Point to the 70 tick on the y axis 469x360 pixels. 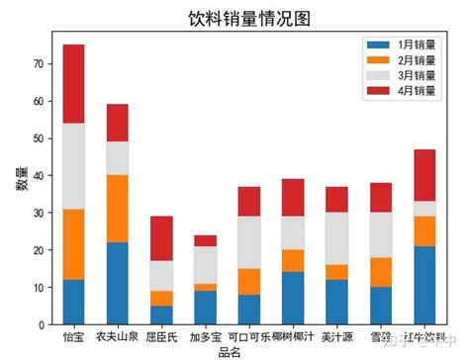click(38, 64)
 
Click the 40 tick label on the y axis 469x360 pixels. click(38, 176)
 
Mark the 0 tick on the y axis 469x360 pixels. click(41, 324)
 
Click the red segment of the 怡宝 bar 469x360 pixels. click(73, 84)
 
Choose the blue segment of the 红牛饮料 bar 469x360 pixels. click(424, 285)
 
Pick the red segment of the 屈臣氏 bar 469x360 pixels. click(161, 238)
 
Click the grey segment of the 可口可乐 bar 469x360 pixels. click(249, 242)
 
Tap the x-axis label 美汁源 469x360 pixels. click(336, 337)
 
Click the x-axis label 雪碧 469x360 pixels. click(381, 337)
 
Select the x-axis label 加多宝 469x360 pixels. click(206, 337)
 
